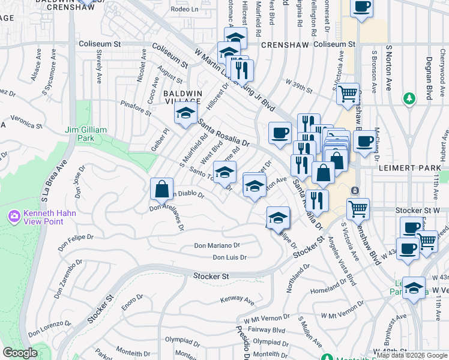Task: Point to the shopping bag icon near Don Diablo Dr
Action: point(162,190)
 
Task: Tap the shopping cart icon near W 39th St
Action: point(348,94)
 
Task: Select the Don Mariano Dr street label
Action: point(217,245)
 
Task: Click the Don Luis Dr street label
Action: point(230,257)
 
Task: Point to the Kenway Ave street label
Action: point(238,299)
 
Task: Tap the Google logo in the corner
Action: point(20,353)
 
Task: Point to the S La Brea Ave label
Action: point(44,180)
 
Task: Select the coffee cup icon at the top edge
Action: point(361,8)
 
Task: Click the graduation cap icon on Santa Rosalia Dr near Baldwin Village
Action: point(186,113)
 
